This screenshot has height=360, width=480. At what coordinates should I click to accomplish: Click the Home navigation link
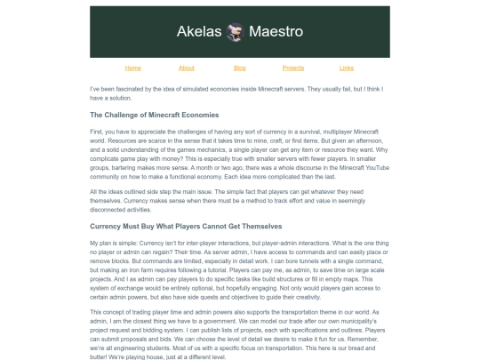[x=132, y=68]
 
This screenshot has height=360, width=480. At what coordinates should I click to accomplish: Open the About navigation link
[x=186, y=68]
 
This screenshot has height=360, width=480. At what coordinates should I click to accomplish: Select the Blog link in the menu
[x=240, y=68]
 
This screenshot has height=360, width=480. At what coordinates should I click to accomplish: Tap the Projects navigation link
[x=293, y=68]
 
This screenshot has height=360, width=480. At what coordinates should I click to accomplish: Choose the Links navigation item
[x=347, y=68]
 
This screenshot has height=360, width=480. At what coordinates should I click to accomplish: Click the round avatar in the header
[x=236, y=32]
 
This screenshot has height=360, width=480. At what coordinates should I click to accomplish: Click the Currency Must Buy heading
[x=186, y=226]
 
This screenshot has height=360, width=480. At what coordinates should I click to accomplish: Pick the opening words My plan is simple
[x=113, y=243]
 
